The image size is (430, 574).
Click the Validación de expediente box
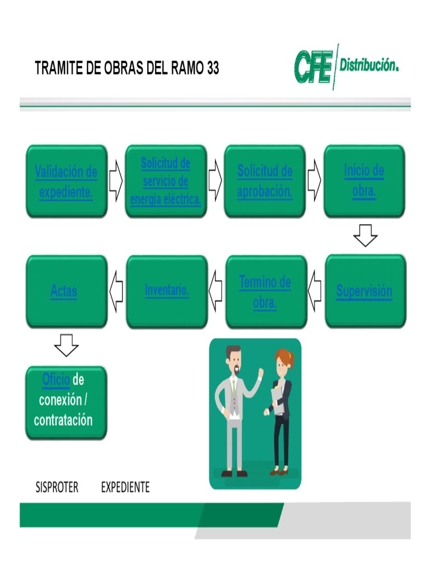66,181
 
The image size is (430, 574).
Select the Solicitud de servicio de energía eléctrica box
166,181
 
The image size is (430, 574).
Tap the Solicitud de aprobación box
265,181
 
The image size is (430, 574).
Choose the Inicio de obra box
364,181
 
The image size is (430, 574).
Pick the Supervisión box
365,291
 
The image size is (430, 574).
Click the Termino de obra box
265,291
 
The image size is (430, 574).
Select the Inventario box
166,291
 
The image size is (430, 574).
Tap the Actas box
66,291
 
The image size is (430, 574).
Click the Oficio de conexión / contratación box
66,402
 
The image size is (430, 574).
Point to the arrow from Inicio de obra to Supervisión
365,235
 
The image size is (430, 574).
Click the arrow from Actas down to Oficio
66,345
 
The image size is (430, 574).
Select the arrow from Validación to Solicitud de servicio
116,181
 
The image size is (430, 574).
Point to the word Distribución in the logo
369,66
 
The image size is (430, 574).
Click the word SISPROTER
57,488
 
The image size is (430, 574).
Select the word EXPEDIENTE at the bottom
125,488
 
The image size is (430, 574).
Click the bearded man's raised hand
260,373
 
